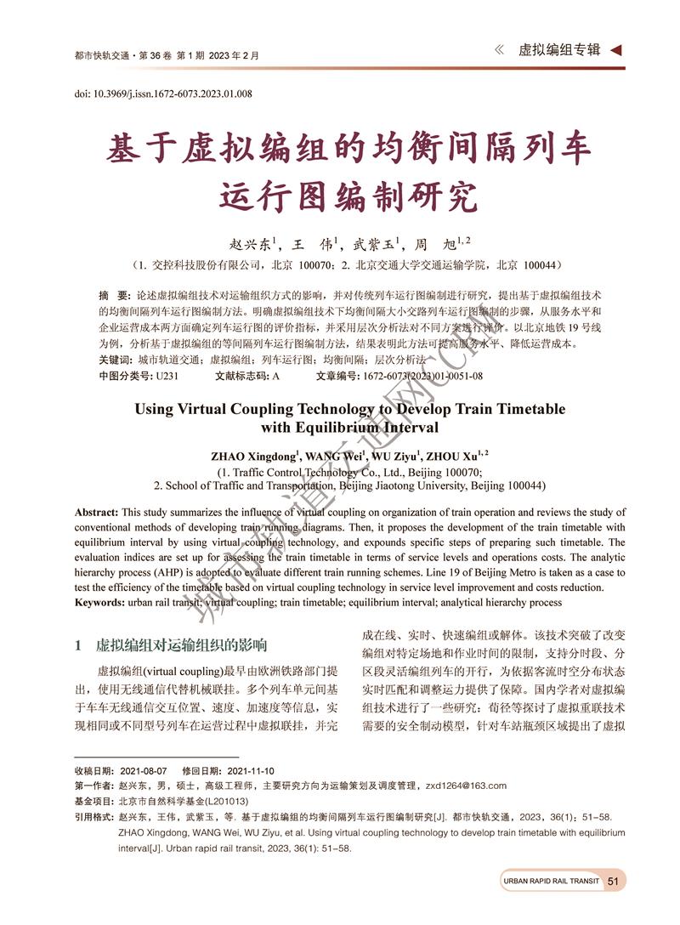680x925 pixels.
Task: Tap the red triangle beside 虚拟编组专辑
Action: pyautogui.click(x=615, y=50)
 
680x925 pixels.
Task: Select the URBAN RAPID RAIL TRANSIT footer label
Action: pyautogui.click(x=551, y=882)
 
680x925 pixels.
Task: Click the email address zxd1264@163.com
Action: pyautogui.click(x=466, y=786)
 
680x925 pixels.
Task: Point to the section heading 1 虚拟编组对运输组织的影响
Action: pyautogui.click(x=171, y=644)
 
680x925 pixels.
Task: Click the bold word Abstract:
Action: pyautogui.click(x=97, y=513)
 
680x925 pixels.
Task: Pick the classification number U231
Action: pyautogui.click(x=167, y=375)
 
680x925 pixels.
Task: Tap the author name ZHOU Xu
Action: pyautogui.click(x=453, y=457)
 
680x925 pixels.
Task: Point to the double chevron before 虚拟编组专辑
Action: pyautogui.click(x=499, y=50)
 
